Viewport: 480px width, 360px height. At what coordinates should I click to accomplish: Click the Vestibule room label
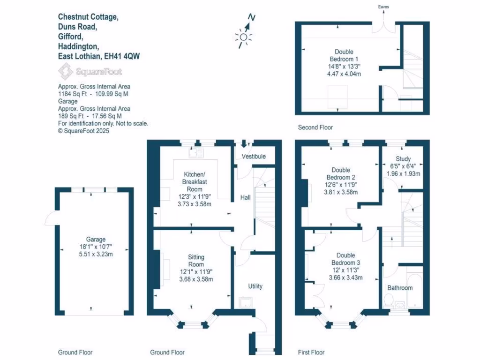click(254, 156)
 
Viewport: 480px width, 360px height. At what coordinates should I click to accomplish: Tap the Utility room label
click(255, 286)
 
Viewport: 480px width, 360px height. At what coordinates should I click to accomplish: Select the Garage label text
click(96, 239)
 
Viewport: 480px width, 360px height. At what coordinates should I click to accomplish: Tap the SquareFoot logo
click(90, 72)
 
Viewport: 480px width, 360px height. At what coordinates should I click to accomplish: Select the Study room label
click(403, 159)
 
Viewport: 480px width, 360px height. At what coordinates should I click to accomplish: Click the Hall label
click(245, 198)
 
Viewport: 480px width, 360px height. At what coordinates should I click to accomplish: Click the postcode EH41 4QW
click(122, 56)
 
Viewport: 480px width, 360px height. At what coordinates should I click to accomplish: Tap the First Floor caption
click(311, 352)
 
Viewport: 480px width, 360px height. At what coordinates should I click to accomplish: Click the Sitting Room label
click(196, 261)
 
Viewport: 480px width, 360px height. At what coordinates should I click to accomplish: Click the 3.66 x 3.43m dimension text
click(345, 277)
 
